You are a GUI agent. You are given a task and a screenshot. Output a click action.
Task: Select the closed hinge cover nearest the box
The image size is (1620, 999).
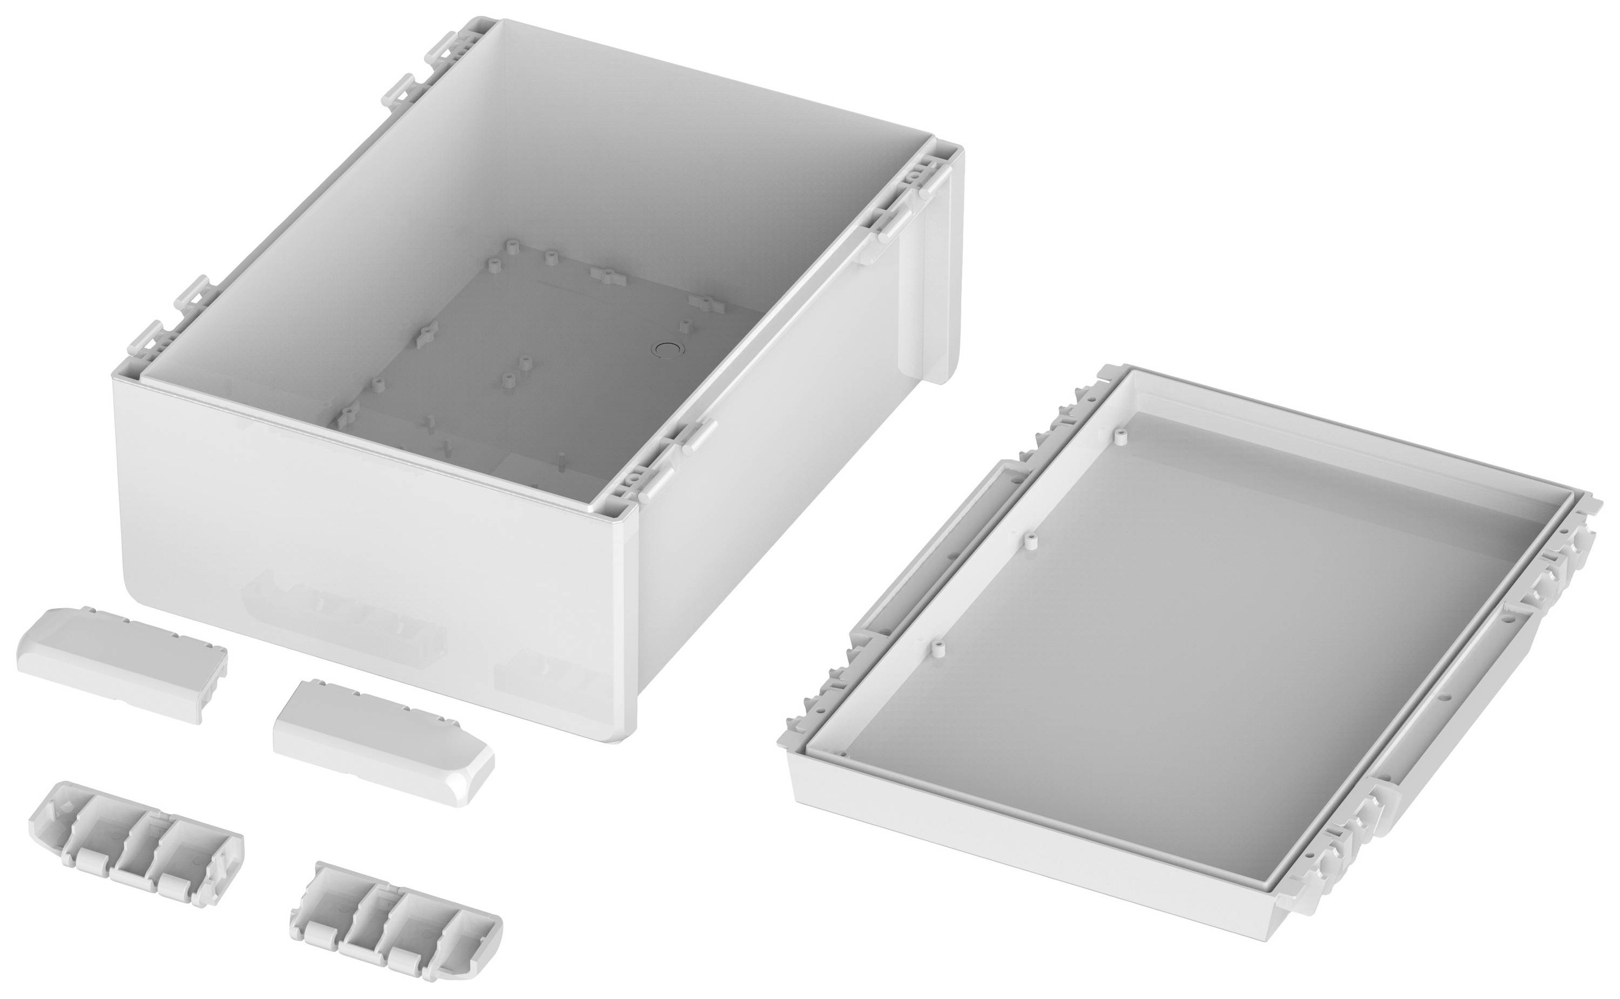tap(383, 742)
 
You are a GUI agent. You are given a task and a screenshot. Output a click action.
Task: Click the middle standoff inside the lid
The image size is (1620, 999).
tap(1030, 541)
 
